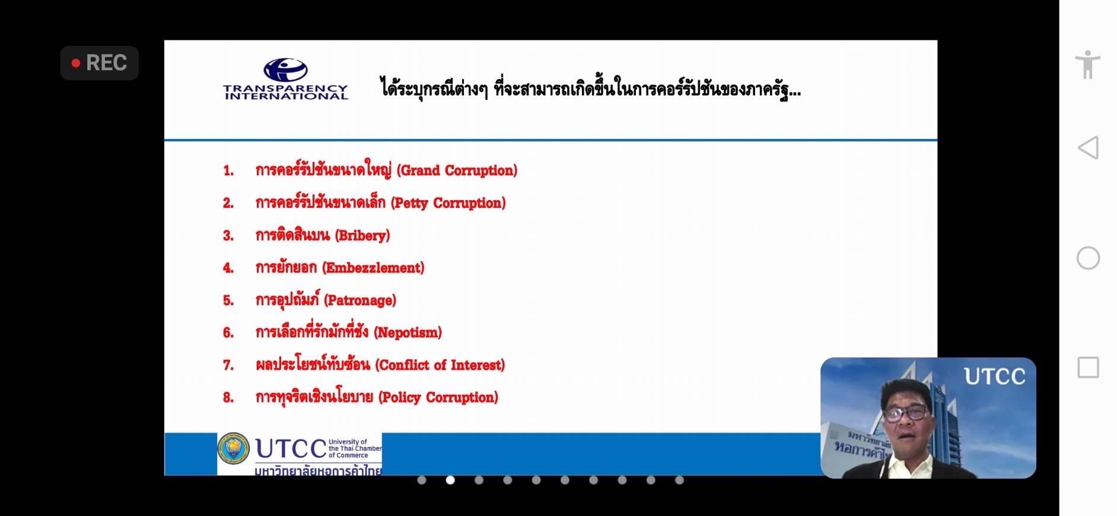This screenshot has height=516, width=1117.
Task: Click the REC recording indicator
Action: coord(99,63)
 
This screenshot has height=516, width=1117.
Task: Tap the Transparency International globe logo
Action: coord(285,70)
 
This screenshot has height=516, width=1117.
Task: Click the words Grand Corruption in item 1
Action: coord(457,171)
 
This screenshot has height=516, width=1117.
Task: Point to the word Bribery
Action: coord(362,236)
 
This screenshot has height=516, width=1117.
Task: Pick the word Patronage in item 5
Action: coord(360,300)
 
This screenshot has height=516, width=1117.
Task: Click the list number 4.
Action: coord(228,268)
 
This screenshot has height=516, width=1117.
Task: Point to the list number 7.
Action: coord(228,365)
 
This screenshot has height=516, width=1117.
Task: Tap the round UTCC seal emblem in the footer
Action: coord(234,448)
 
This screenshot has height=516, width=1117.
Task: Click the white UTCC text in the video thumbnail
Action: coord(994,376)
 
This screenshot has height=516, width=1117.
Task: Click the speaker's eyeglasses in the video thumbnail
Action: coord(906,412)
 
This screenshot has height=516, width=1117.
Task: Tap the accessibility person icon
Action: coord(1087,64)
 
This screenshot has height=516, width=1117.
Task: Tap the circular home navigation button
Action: coord(1088,258)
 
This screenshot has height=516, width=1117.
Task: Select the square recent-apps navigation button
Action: coord(1088,368)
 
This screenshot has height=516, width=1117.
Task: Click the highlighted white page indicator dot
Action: coord(450,480)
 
